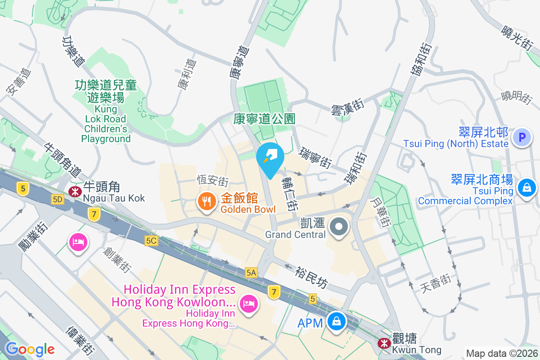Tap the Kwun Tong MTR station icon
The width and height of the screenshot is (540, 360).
pos(384,343)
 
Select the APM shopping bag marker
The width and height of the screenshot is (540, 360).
pos(336,322)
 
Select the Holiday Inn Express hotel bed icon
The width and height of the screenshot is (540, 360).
pos(248,303)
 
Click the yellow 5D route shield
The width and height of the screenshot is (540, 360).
pos(57,199)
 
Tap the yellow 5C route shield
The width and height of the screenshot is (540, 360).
pos(151,241)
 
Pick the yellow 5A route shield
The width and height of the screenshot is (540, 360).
pos(251,272)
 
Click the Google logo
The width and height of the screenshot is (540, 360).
pos(30,349)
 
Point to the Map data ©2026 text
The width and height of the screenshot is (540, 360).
pos(501,353)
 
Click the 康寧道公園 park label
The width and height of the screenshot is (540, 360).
pos(265,119)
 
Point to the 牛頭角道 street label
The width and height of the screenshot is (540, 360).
pos(63,160)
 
